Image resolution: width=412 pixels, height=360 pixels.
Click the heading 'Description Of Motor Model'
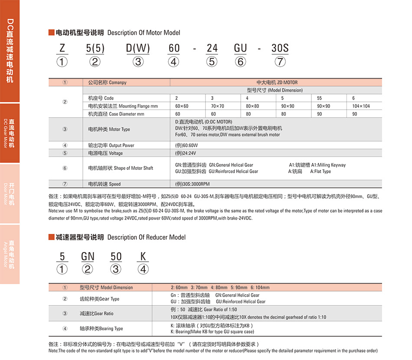143,32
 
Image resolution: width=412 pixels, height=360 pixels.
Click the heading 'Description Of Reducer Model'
146,237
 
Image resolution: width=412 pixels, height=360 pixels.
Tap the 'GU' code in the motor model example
240,48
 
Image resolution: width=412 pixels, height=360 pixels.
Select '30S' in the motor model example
280,48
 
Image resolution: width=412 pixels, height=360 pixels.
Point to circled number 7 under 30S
280,62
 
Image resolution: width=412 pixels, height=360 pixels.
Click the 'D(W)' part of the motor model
138,48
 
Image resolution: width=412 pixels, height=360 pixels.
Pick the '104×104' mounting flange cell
361,106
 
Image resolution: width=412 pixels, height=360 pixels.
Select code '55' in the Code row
319,98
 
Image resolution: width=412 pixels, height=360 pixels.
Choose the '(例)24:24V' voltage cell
186,153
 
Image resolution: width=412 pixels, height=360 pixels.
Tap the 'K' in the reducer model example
143,256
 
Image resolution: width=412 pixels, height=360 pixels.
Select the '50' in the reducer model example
116,256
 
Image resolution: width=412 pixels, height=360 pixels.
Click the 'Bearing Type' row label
101,329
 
